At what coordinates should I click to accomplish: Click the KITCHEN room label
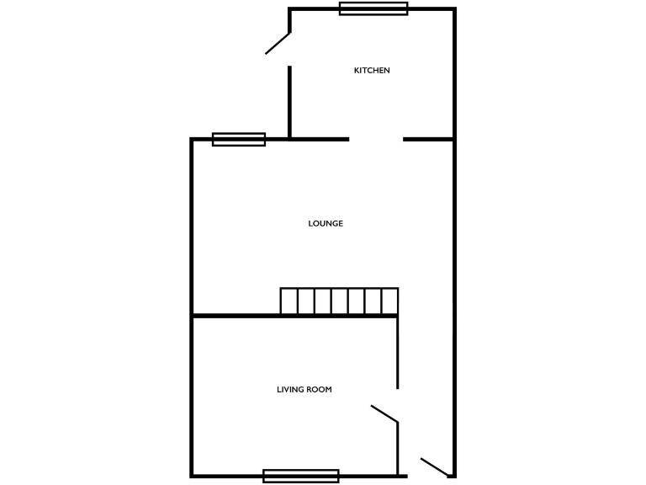pos(372,71)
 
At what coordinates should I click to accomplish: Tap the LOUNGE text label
pos(326,223)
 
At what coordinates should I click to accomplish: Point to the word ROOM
pos(318,390)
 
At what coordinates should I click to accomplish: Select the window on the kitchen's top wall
pos(373,8)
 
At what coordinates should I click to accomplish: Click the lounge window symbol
pos(239,139)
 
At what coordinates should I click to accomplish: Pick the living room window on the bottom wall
pos(300,476)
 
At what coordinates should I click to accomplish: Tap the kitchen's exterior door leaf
pos(278,44)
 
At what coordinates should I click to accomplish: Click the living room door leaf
pos(384,413)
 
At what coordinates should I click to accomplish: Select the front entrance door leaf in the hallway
pos(434,466)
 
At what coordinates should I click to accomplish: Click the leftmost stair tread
pos(289,301)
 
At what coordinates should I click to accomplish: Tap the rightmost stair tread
pos(389,301)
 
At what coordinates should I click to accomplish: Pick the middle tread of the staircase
pos(339,301)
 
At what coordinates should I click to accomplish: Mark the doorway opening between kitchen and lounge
pos(377,139)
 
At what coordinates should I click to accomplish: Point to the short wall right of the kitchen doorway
pos(429,139)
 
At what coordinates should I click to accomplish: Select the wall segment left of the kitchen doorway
pos(320,139)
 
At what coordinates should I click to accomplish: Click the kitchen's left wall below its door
pos(290,101)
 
